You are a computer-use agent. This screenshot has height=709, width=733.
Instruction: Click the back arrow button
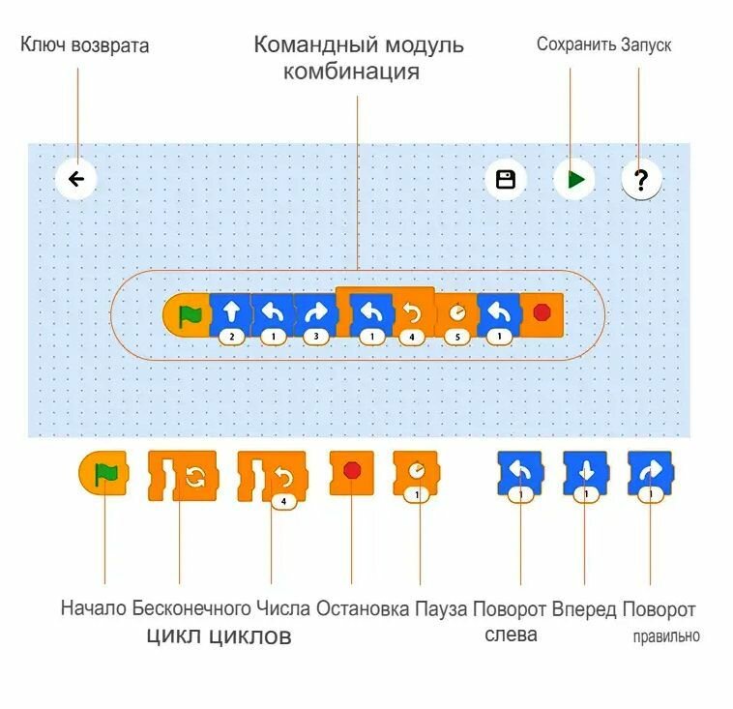76,179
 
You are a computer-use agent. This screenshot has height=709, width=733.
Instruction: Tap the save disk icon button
505,179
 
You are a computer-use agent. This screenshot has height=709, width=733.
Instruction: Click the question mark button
641,179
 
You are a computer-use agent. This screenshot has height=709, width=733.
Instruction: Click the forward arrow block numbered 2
230,314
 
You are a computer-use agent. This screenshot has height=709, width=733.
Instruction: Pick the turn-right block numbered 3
314,314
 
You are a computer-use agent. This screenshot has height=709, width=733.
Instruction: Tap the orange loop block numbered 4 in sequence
413,314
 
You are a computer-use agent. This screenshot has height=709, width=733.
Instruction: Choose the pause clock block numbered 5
455,314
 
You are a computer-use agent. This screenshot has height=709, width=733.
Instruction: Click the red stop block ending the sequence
542,314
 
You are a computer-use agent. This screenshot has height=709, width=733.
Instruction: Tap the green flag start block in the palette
104,474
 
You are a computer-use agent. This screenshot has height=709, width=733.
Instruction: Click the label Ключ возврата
85,45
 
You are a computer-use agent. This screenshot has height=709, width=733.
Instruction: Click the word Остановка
363,609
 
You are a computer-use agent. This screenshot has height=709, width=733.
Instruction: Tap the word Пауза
441,609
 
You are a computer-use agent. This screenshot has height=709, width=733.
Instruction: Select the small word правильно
666,636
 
